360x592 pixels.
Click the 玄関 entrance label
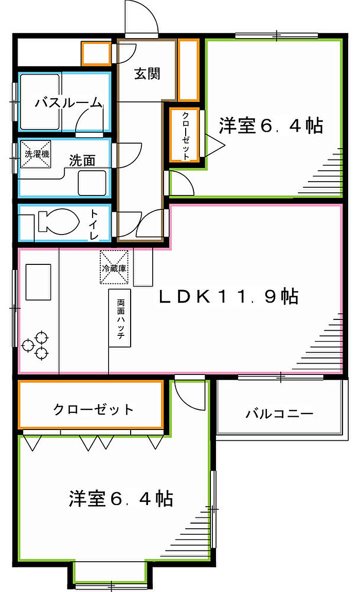point(148,74)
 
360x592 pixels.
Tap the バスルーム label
point(68,103)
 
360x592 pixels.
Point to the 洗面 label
point(82,161)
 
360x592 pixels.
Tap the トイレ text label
point(95,224)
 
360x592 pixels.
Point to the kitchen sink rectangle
point(39,282)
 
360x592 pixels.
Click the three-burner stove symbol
point(36,345)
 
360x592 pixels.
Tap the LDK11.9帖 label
point(228,297)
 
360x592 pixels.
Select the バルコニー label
point(279,414)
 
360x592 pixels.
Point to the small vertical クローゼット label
point(186,135)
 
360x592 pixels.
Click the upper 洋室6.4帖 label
point(271,126)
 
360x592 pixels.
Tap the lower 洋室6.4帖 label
point(120,498)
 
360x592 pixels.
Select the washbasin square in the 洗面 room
point(92,183)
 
